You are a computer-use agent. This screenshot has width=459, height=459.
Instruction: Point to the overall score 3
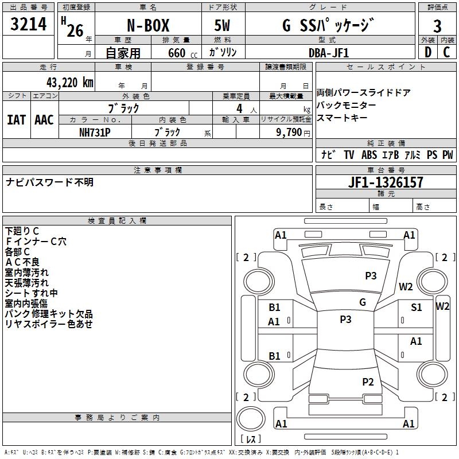tap(437, 26)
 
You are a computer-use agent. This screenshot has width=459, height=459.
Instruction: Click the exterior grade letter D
tap(427, 52)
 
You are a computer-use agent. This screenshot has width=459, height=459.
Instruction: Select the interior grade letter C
tap(447, 52)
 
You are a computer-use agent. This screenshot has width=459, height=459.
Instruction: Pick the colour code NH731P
tap(95, 132)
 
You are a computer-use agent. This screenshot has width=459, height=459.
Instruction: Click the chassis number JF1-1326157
tap(386, 182)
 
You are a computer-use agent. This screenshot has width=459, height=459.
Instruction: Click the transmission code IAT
tap(16, 120)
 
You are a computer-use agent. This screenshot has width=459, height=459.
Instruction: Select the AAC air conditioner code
tap(44, 120)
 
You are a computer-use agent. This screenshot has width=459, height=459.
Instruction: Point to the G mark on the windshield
tap(362, 302)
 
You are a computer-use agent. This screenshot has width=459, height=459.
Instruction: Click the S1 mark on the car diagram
tap(417, 308)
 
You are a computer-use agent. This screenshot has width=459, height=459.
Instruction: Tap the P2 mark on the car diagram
tap(368, 382)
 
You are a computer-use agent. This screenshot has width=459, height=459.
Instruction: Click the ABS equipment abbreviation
tap(369, 155)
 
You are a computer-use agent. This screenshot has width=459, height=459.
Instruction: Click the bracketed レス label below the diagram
tap(251, 439)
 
